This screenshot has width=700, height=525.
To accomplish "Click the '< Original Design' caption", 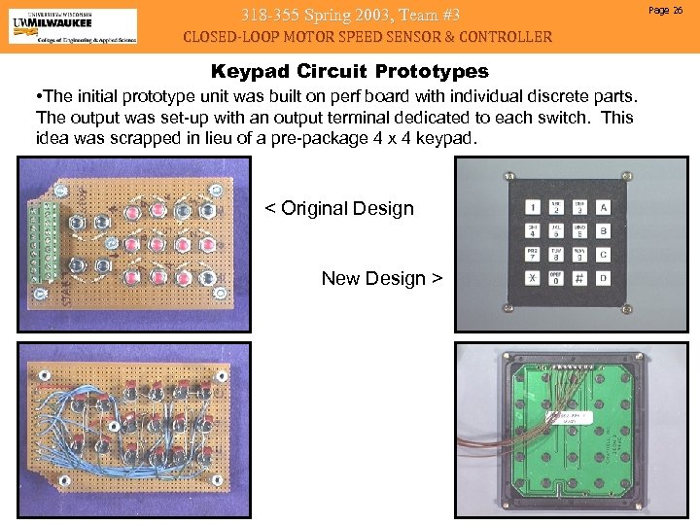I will click(x=339, y=208).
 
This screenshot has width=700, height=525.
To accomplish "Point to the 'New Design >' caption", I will click(x=381, y=278).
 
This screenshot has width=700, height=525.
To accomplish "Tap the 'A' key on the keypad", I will click(x=604, y=206).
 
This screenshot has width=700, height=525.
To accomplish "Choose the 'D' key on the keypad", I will click(x=604, y=278).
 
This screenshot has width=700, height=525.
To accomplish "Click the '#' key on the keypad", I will click(x=580, y=278).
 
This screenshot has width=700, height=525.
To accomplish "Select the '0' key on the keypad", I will click(x=556, y=278).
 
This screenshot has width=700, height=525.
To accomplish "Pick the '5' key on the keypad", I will click(x=556, y=230).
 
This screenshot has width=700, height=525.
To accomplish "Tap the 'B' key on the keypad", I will click(x=604, y=230).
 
